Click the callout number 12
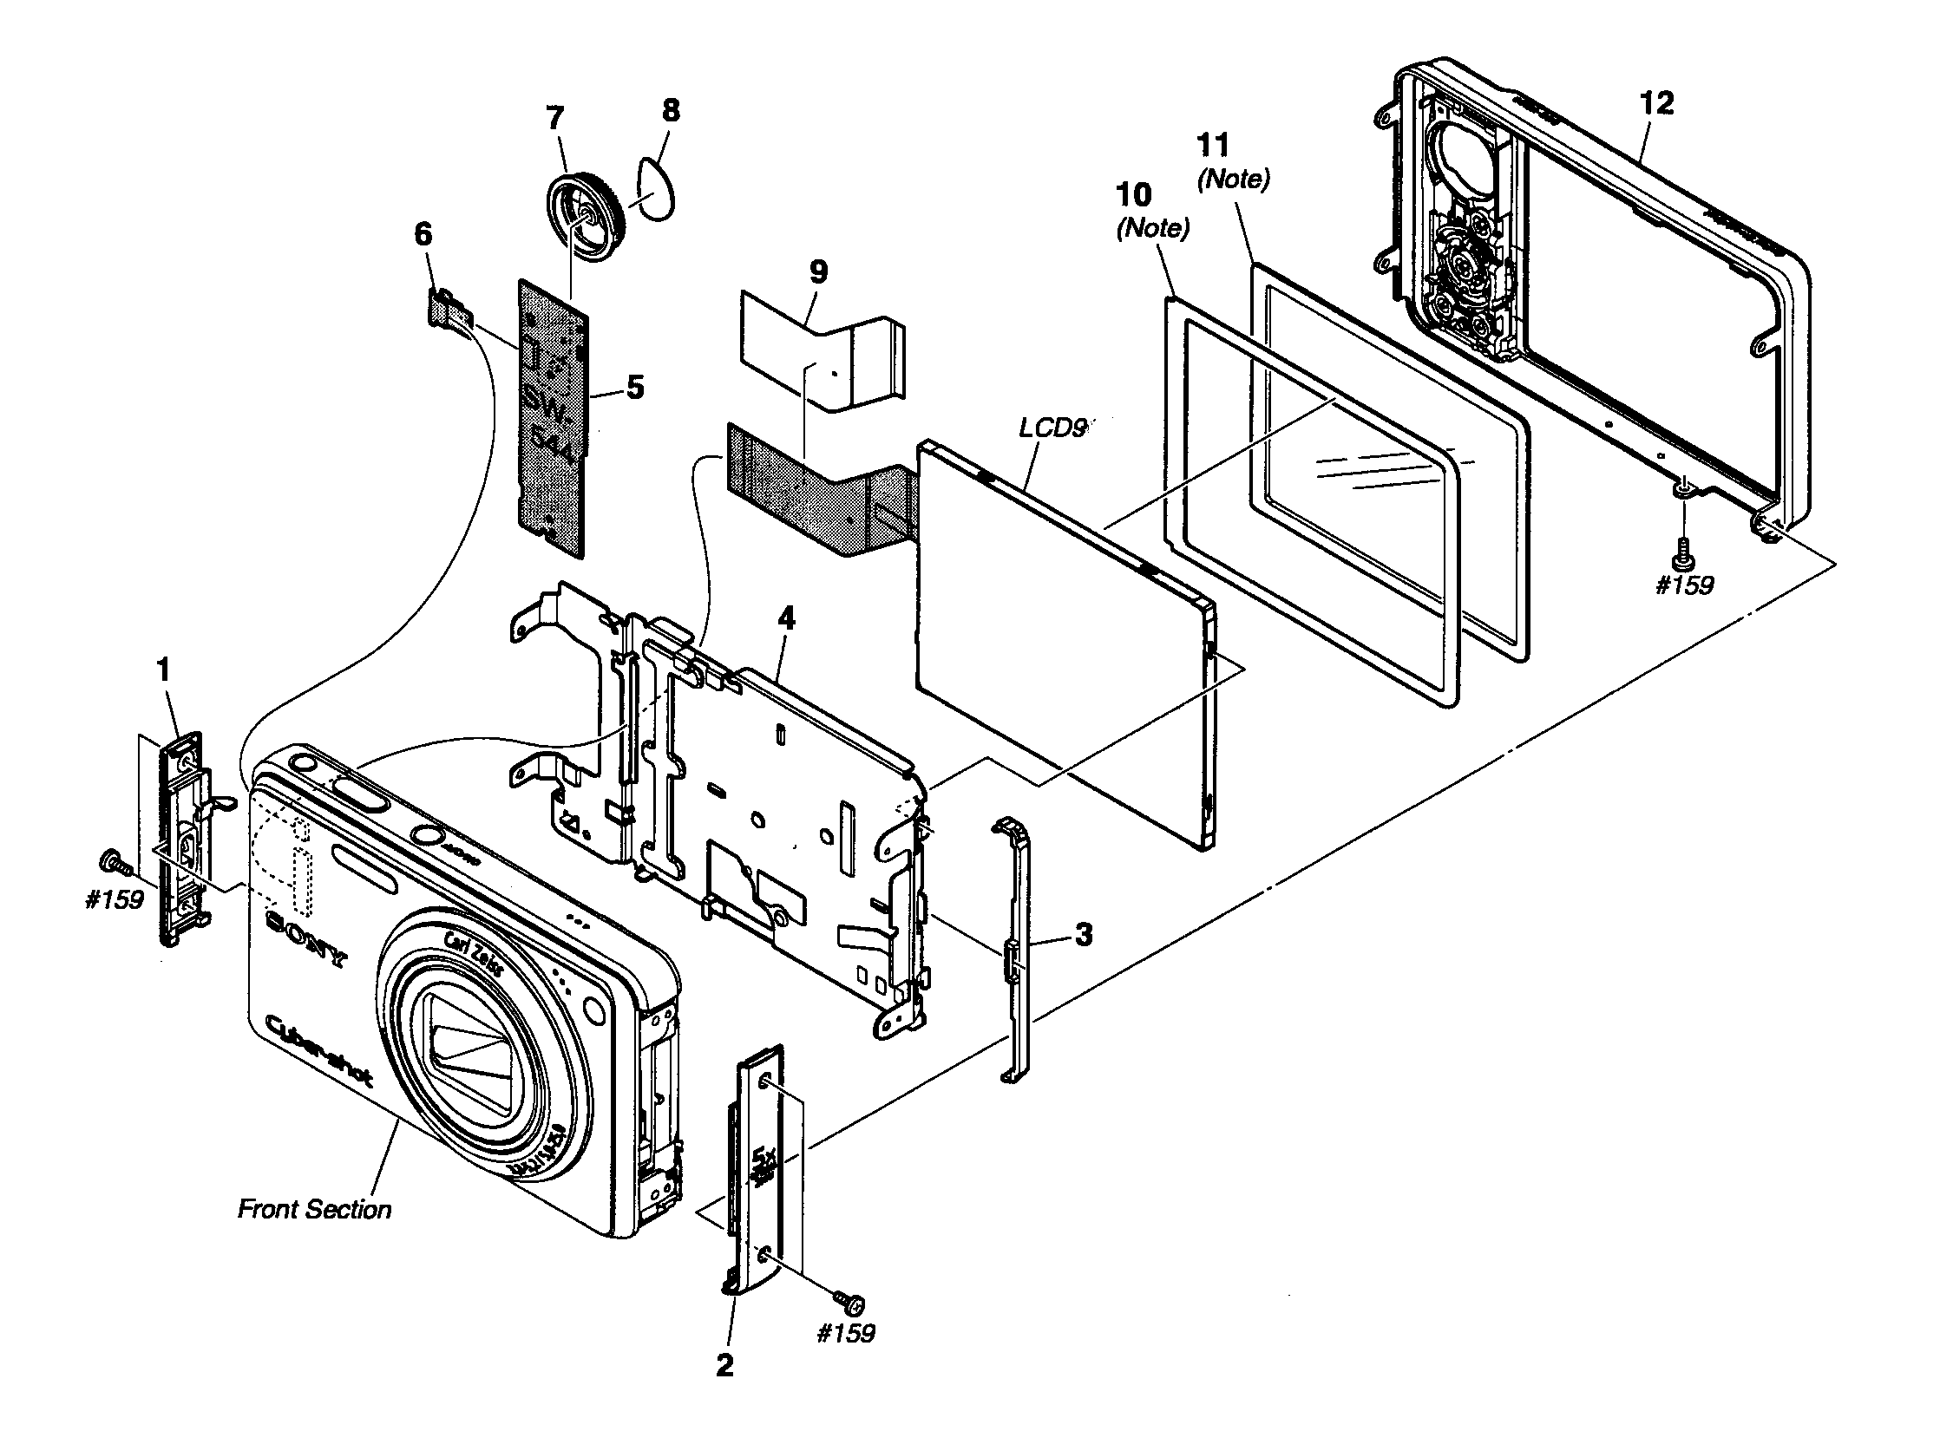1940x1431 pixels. [1656, 103]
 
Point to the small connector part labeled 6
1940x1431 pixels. [449, 309]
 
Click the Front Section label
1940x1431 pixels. [314, 1209]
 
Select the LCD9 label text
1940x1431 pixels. [1052, 428]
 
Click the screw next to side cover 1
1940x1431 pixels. [114, 863]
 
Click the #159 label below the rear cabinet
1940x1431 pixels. [1684, 585]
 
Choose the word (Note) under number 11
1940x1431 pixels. [1233, 180]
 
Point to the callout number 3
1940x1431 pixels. [1083, 935]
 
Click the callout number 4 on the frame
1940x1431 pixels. [786, 619]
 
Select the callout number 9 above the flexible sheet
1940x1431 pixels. [817, 271]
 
